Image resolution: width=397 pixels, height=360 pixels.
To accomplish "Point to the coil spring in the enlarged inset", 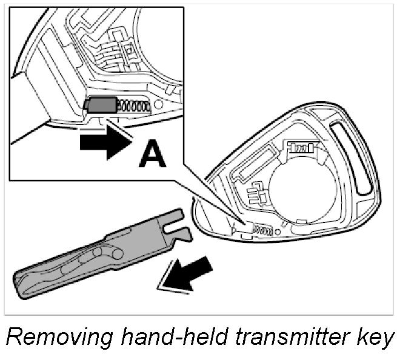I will coord(133,106).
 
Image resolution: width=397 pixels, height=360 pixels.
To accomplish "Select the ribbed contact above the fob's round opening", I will coord(301,147).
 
